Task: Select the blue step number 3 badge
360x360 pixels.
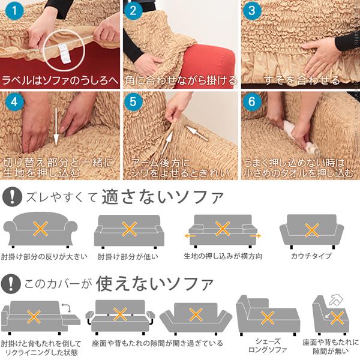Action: point(253,11)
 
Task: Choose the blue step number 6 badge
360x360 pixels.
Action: point(253,101)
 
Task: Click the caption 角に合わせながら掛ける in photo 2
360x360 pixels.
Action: point(179,80)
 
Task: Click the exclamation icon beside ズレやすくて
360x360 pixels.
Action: point(10,197)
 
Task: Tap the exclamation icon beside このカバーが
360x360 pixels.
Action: point(10,281)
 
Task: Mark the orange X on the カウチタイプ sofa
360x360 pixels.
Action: point(311,230)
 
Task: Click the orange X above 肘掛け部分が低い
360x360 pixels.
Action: point(129,229)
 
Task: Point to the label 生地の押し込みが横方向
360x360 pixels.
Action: point(223,256)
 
